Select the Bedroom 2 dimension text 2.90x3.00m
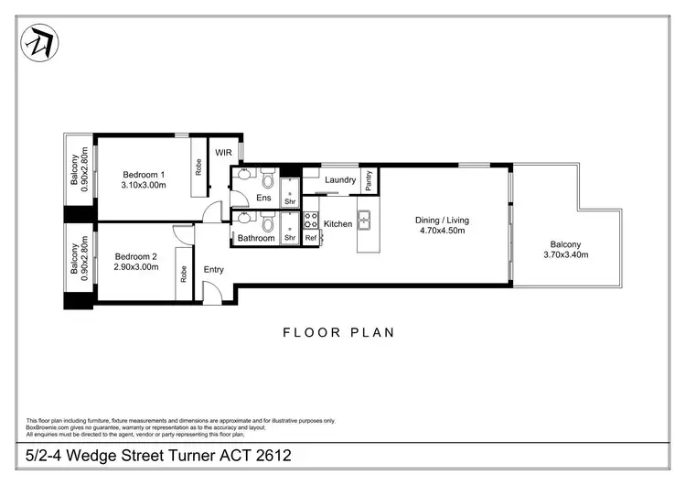[136, 267]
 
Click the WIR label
[223, 153]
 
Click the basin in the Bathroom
[243, 220]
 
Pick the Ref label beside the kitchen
[311, 238]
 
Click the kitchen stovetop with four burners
[311, 220]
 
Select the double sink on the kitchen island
[364, 220]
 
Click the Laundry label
[339, 180]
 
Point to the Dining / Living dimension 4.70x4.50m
[442, 232]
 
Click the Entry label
[214, 269]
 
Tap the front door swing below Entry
[210, 295]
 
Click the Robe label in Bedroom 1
[198, 167]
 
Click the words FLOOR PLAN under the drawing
[338, 332]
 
